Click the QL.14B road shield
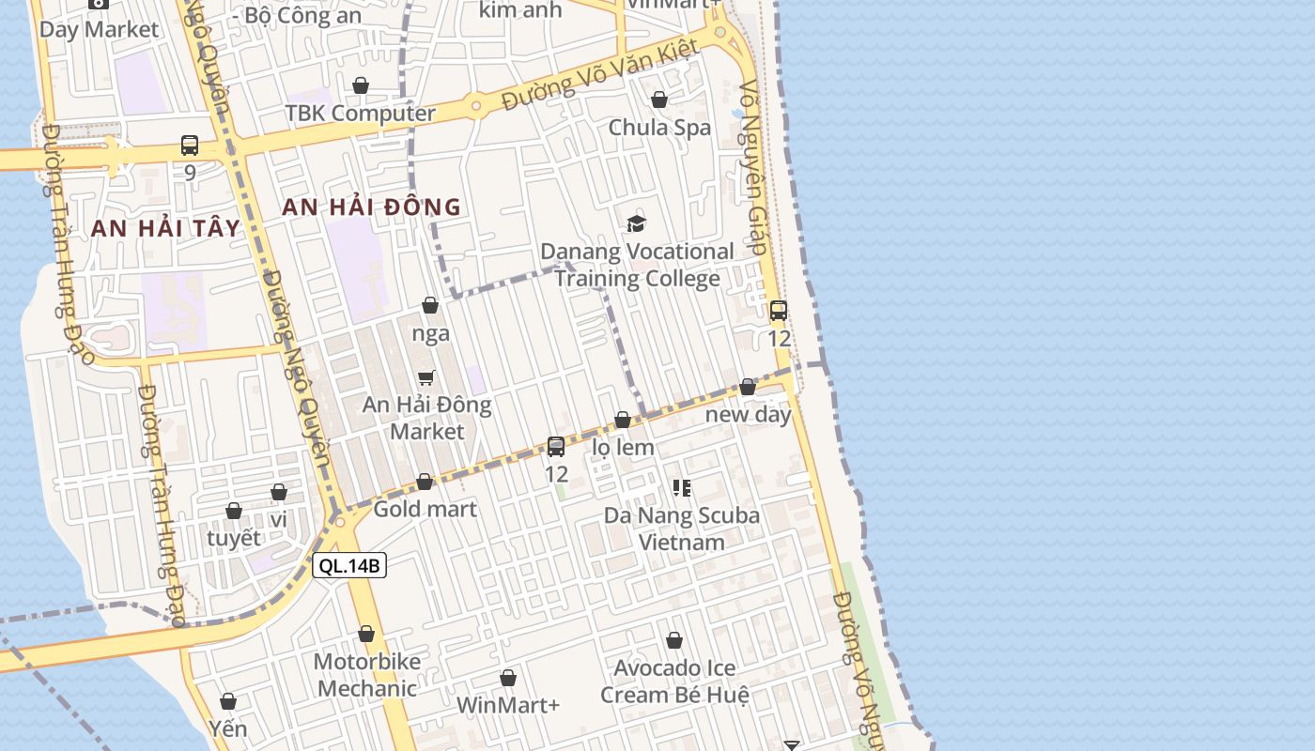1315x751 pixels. coord(349,565)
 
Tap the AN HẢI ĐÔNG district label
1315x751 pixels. coord(372,207)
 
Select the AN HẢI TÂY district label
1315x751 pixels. coord(166,227)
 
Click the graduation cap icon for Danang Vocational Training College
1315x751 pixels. coord(637,223)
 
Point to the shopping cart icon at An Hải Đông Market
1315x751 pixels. coord(426,377)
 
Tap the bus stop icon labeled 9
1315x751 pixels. coord(190,146)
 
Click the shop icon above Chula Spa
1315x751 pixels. coord(659,100)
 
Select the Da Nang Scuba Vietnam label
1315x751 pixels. coord(682,529)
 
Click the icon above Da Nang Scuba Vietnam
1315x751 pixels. coord(682,488)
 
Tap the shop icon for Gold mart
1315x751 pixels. coord(425,482)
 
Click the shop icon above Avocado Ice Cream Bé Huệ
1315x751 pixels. coord(674,641)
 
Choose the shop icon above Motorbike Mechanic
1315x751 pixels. coord(366,635)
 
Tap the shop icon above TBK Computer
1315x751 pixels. coord(361,86)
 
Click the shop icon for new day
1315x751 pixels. coord(748,387)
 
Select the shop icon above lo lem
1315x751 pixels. coord(623,420)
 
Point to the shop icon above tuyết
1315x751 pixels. coord(234,512)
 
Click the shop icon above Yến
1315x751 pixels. coord(227,702)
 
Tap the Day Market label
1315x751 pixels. coord(99,29)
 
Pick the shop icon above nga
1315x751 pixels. coord(430,305)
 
